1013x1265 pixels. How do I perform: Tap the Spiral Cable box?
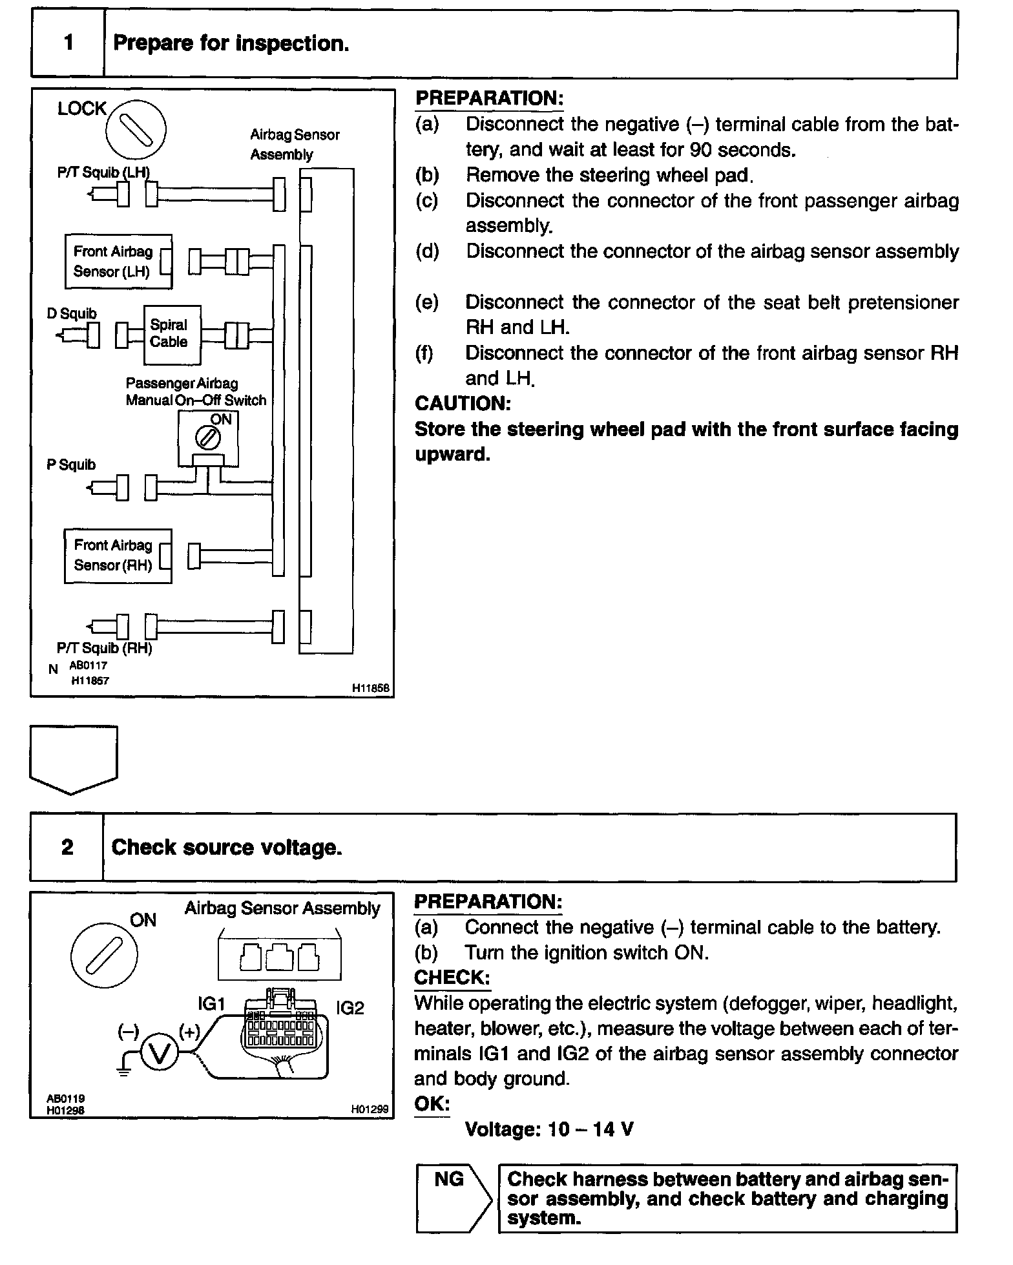click(172, 335)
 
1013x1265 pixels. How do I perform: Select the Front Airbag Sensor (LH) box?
click(118, 262)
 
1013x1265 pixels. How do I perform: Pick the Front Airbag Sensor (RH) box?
click(118, 556)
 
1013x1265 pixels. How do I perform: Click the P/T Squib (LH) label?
click(103, 173)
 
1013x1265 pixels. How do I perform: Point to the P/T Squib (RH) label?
click(105, 648)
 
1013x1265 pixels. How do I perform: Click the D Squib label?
click(72, 313)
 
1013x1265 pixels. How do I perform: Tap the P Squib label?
click(71, 465)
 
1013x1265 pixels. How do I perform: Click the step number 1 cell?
click(68, 43)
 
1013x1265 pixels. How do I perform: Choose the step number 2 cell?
click(67, 847)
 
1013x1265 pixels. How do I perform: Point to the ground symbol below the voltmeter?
click(125, 1072)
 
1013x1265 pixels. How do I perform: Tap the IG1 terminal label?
click(211, 1003)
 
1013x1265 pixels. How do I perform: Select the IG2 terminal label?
click(350, 1008)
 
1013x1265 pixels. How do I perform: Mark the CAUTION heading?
click(463, 403)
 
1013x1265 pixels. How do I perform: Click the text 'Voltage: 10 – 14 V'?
click(549, 1129)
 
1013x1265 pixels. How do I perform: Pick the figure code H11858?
click(371, 689)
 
